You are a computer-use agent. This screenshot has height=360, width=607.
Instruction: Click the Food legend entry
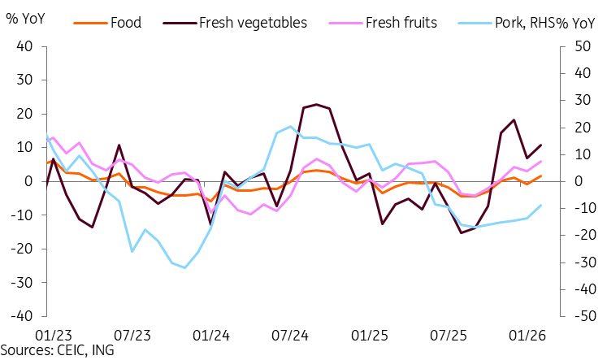[107, 23]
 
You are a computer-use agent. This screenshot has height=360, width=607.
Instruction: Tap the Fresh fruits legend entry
[383, 23]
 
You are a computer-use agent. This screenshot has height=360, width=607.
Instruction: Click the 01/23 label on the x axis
[54, 336]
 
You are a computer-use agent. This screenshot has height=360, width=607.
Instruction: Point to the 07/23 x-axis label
[132, 336]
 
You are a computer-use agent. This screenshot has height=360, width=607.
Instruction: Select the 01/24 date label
[211, 336]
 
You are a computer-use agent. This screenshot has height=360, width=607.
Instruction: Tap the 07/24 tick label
[290, 336]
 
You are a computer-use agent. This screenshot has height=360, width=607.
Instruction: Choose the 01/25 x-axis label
[369, 336]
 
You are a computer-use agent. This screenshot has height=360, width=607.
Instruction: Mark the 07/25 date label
[449, 336]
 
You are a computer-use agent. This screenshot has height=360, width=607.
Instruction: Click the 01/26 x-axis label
[527, 336]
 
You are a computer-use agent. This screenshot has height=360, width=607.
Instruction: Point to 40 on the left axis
[24, 46]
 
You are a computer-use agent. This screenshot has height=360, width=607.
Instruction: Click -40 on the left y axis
[21, 316]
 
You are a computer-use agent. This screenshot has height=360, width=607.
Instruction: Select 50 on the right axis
[582, 46]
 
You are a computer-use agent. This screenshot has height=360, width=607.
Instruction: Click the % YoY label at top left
[25, 18]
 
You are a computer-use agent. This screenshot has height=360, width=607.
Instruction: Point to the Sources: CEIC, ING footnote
[58, 350]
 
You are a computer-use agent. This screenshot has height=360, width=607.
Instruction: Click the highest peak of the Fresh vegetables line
[317, 104]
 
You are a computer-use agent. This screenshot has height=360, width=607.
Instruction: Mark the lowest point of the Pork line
[184, 268]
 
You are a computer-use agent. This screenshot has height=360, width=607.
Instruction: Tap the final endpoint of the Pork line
[541, 205]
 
